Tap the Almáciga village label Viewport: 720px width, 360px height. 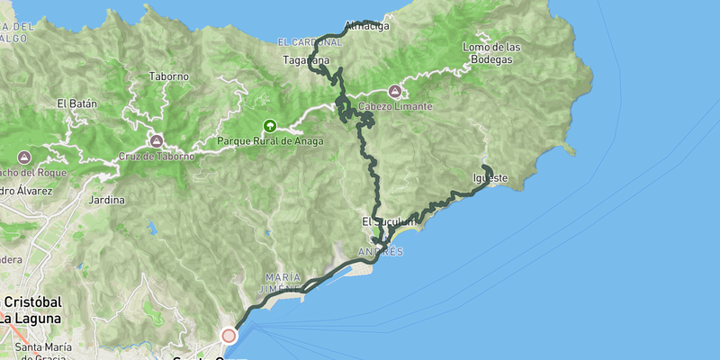367,27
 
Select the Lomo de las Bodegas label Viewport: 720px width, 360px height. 491,53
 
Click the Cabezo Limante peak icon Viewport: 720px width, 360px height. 395,91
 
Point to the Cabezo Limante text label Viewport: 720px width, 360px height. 395,106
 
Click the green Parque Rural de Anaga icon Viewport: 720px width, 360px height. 268,126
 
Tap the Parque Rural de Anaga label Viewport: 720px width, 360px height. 269,141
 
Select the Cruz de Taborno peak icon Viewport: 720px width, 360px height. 157,140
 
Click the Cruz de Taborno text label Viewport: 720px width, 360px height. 157,156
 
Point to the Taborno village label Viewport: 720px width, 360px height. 169,76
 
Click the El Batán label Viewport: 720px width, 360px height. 76,103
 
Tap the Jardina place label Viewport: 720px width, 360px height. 107,200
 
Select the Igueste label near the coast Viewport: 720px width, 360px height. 490,178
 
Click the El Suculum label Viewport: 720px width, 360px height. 390,220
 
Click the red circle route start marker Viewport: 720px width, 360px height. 229,336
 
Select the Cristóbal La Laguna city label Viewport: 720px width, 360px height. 31,310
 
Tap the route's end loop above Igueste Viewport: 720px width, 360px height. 487,169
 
